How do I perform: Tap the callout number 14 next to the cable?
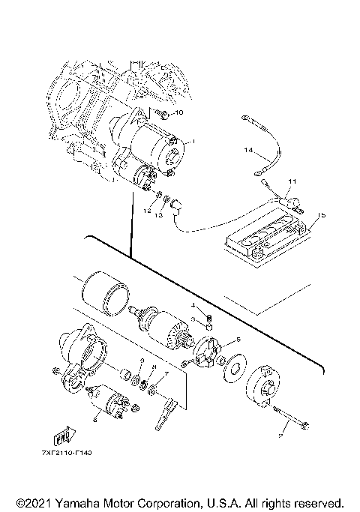248,150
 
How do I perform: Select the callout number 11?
292,182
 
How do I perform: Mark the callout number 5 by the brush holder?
238,340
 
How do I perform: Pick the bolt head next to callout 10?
161,112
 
